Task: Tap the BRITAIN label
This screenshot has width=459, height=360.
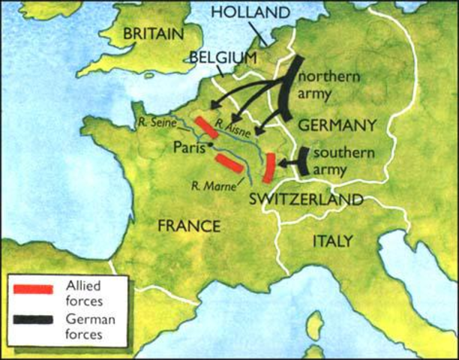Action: tap(153, 34)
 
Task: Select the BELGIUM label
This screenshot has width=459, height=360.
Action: tap(223, 57)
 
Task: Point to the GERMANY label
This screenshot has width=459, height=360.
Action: tap(337, 124)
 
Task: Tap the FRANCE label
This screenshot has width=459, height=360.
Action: tap(189, 226)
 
